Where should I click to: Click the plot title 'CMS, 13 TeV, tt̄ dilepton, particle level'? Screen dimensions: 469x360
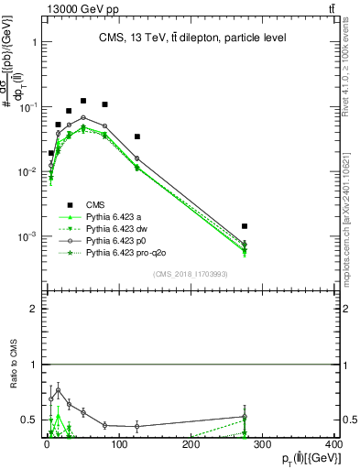click(x=194, y=38)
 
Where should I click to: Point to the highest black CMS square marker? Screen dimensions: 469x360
click(x=83, y=101)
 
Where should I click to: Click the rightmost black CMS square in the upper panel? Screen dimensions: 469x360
click(x=245, y=225)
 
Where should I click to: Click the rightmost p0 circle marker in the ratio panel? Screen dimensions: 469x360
click(x=245, y=417)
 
